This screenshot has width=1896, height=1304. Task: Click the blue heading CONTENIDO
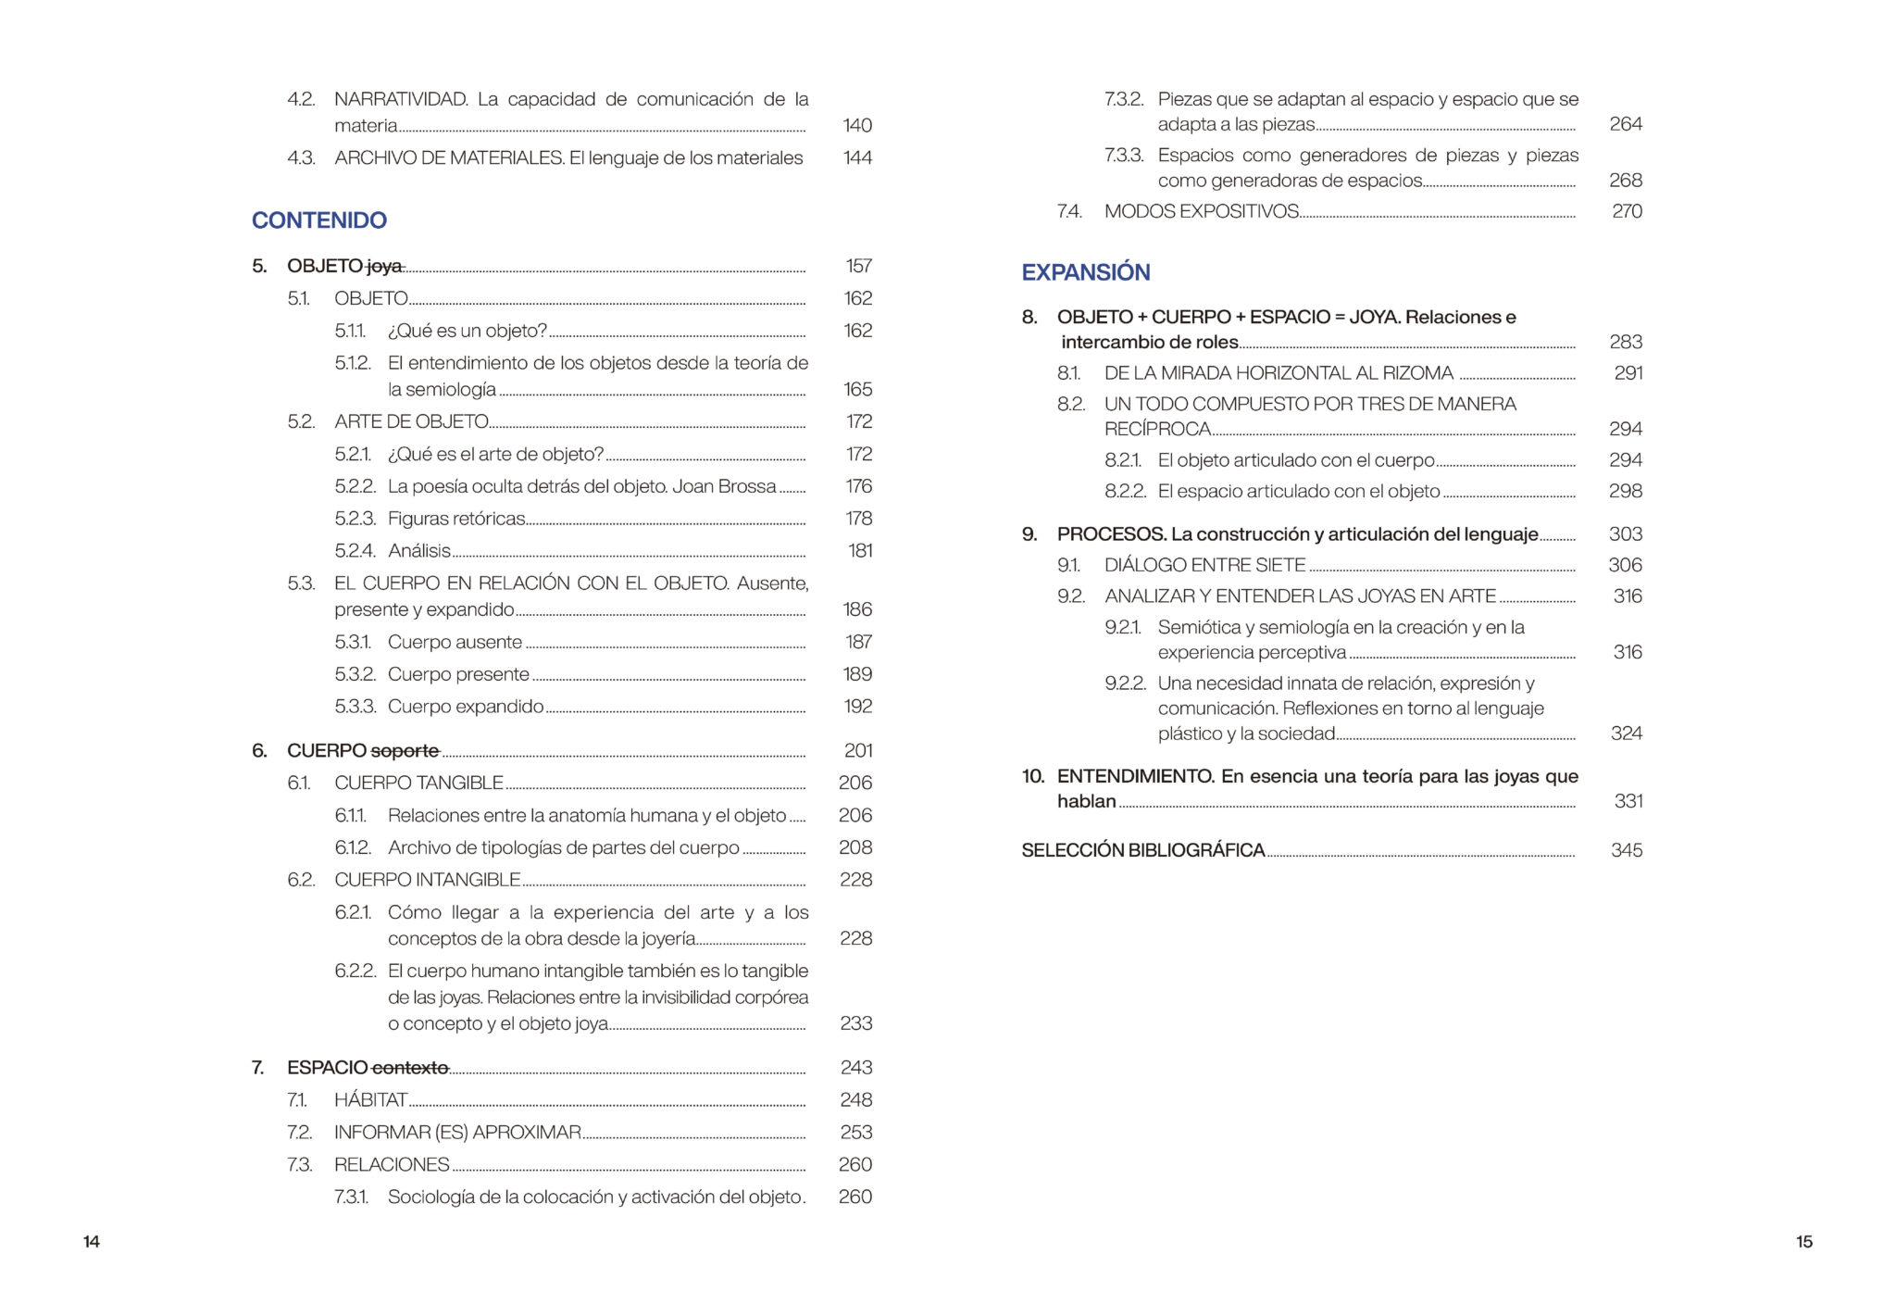pos(318,220)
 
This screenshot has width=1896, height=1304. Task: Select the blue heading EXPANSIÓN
pos(1085,272)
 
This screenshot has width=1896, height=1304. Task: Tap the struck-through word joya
pos(384,267)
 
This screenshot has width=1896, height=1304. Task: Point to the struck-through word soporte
pos(405,751)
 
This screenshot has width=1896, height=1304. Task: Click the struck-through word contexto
pos(410,1068)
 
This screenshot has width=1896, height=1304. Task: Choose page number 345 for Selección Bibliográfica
pos(1626,850)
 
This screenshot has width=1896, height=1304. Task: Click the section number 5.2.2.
pos(355,486)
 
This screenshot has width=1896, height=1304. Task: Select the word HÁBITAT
pos(370,1100)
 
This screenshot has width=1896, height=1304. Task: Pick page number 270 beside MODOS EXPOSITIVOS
pos(1627,211)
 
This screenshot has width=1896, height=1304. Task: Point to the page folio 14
pos(92,1242)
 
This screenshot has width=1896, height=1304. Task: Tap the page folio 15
pos(1803,1242)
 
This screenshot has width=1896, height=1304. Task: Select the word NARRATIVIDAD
pos(400,99)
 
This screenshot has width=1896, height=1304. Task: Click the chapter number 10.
pos(1032,776)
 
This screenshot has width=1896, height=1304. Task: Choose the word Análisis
pos(418,551)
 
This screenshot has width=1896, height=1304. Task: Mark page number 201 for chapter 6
pos(858,751)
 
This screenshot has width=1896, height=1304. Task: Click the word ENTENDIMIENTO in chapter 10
pos(1135,776)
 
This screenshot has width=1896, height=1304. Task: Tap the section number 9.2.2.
pos(1125,683)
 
